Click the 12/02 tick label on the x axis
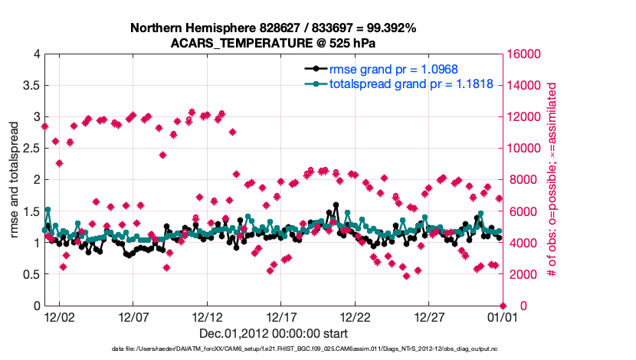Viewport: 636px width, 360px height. (59, 316)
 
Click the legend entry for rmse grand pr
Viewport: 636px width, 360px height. (391, 69)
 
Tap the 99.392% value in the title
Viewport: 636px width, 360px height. (388, 28)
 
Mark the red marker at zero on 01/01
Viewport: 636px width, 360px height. (503, 306)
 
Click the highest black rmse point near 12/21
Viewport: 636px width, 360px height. (336, 205)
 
